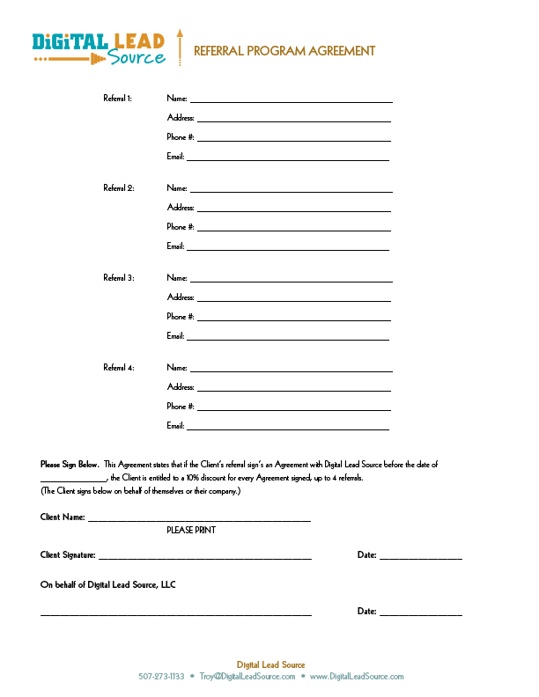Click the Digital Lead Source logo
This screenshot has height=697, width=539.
coord(99,48)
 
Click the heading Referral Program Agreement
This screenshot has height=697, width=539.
coord(284,51)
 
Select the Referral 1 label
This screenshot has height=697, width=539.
coord(117,99)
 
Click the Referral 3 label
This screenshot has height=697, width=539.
coord(118,278)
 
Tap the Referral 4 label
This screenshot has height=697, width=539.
coord(118,368)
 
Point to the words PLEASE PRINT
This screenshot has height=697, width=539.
coord(191,531)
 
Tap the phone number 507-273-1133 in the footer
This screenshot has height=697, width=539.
coord(161,677)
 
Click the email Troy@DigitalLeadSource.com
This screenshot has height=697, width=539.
coord(246,677)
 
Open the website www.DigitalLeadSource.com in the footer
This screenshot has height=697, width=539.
coord(356,677)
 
